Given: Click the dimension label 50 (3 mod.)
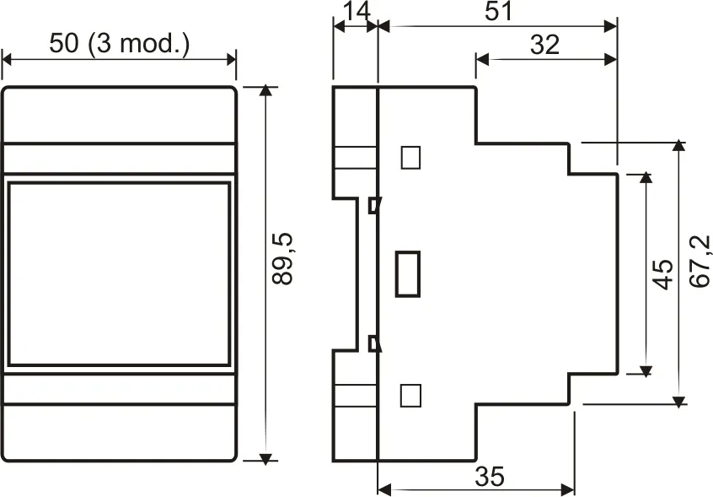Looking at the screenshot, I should tap(119, 43).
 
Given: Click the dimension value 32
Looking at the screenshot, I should tap(545, 44).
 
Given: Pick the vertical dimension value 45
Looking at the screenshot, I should tap(664, 274).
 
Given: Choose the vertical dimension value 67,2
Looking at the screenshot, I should tap(700, 264).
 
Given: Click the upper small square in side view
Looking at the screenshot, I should tap(410, 157).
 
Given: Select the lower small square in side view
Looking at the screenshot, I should tap(410, 394).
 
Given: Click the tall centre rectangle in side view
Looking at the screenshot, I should tap(408, 273).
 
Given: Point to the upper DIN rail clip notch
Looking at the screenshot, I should tap(374, 204).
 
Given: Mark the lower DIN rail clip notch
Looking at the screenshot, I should tap(374, 343).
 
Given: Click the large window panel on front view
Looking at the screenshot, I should tap(119, 273).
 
